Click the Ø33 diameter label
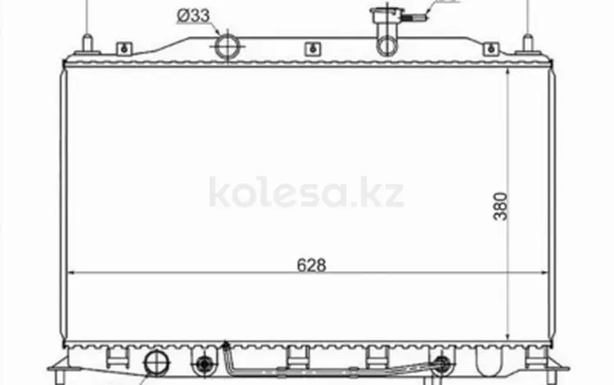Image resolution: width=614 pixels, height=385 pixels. tap(193, 16)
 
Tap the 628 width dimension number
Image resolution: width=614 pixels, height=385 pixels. tap(311, 265)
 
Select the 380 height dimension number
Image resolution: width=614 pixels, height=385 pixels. tap(500, 206)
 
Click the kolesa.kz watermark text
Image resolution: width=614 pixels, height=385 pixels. tap(306, 192)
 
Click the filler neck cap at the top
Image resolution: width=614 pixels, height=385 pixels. tap(386, 16)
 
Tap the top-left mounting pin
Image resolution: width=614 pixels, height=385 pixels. tap(88, 43)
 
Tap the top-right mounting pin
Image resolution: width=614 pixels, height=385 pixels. tap(528, 43)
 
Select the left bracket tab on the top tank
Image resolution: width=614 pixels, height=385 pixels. tap(124, 48)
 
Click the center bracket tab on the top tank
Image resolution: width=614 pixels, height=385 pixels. tap(313, 48)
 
